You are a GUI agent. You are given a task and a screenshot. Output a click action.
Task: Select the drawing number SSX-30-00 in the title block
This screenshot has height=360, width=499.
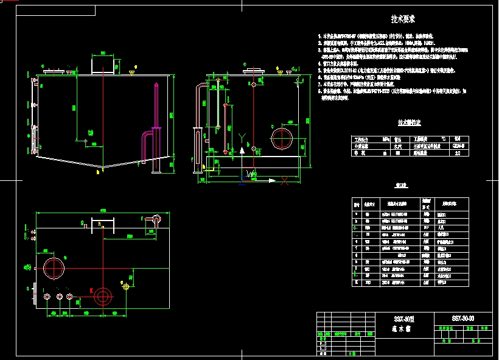click(462, 319)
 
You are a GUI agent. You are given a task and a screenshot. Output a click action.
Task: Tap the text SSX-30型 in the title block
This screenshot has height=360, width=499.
click(403, 319)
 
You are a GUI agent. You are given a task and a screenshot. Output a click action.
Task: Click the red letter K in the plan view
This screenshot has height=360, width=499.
click(91, 291)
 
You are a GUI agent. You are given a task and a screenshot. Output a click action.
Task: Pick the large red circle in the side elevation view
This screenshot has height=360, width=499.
click(282, 137)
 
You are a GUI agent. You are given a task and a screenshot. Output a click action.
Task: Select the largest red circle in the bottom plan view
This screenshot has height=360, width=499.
click(54, 267)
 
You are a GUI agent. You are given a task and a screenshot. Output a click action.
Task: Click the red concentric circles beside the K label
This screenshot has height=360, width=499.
click(102, 297)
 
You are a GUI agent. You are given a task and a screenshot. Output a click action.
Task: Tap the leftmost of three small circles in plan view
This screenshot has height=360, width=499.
click(48, 296)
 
